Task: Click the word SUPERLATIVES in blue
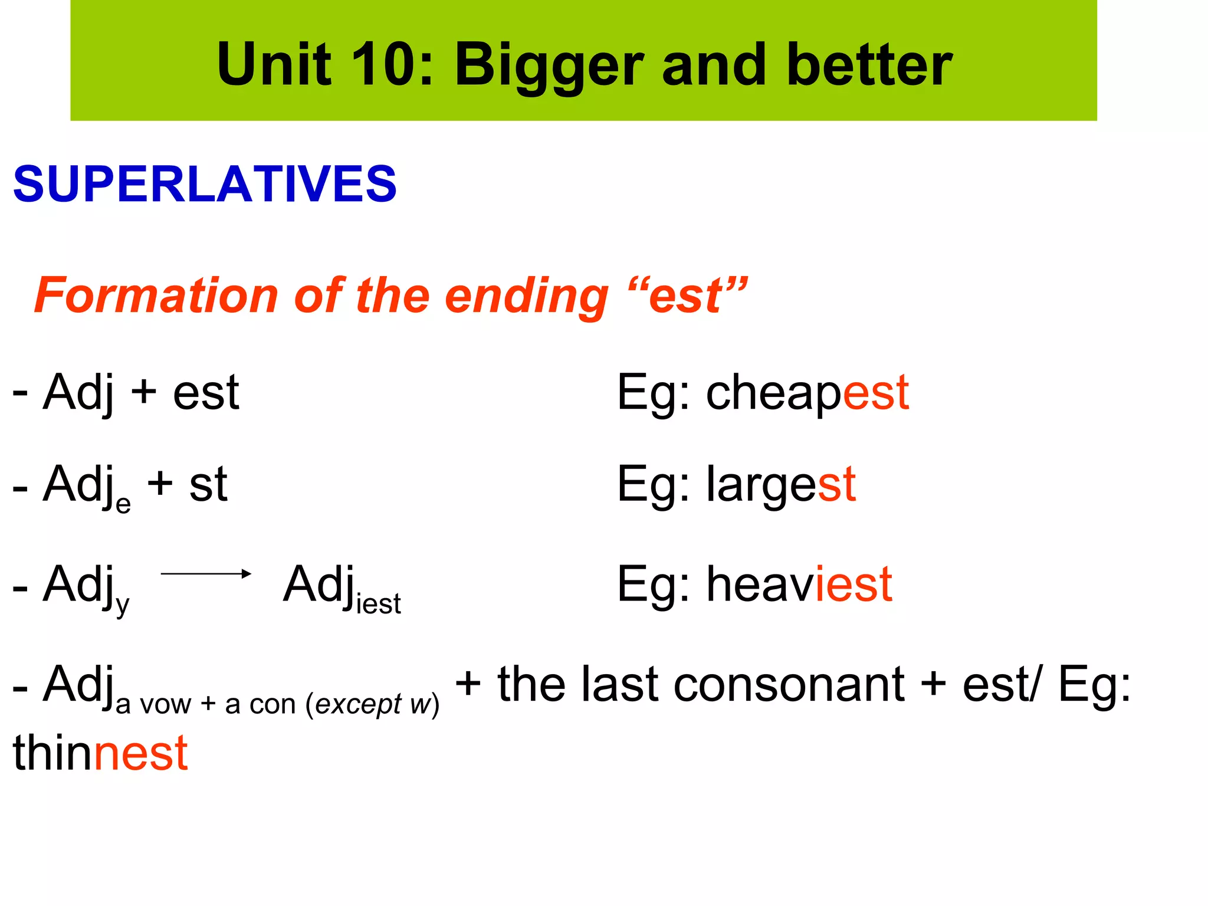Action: point(205,184)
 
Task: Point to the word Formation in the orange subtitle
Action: point(156,295)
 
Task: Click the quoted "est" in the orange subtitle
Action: point(688,295)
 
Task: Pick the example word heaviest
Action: point(799,584)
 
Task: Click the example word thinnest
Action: point(100,753)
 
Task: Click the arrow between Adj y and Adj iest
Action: point(206,573)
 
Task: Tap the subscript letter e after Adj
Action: point(123,504)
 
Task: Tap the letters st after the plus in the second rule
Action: point(208,485)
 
